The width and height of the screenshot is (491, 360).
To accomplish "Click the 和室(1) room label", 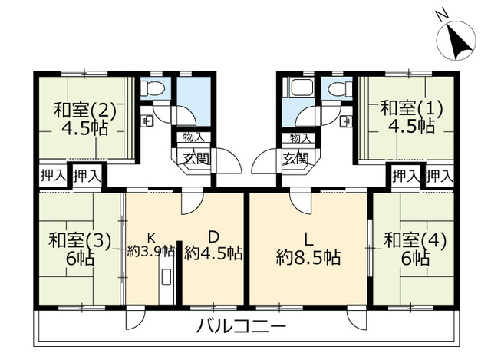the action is point(411,108).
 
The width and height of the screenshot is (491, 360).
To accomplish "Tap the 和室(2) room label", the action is point(85,110).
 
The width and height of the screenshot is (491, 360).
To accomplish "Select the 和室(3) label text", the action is point(80,240).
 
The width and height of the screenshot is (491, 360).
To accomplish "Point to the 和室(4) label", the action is point(415,240).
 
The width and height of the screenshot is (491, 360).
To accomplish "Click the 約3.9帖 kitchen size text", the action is point(151,251).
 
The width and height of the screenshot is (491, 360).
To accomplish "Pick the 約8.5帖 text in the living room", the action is point(308,258).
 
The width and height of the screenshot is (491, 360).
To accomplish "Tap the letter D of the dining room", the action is point(213,237).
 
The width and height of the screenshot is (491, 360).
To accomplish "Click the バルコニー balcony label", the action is point(242,326).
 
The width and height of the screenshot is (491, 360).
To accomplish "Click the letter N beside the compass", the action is point(441,16).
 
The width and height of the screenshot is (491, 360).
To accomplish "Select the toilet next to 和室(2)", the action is point(153,88).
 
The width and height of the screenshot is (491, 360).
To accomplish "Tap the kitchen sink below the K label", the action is point(166,277).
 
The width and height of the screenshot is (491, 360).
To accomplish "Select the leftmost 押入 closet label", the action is point(54,176).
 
